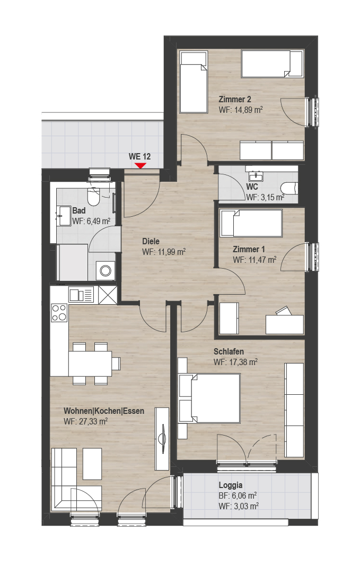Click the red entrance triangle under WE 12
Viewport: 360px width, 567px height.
pos(140,166)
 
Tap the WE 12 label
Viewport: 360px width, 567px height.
pos(139,156)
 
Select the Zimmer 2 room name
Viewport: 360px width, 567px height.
pos(235,99)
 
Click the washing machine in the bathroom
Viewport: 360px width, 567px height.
pos(106,270)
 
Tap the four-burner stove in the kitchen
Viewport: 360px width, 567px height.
pos(59,313)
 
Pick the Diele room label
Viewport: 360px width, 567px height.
pos(151,241)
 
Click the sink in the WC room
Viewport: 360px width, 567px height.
pos(256,176)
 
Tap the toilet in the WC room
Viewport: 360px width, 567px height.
pos(289,188)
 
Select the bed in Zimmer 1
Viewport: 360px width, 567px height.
pos(251,223)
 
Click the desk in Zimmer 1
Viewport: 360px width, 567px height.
pos(285,324)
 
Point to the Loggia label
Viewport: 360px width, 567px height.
pos(231,485)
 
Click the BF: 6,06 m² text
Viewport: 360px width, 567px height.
pos(238,496)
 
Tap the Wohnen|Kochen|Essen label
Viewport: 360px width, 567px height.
pos(104,411)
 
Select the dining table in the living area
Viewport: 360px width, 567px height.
pos(90,364)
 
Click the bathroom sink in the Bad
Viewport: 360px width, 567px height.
pos(63,216)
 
